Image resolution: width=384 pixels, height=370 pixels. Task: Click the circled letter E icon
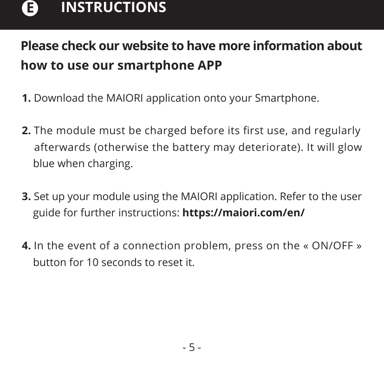(x=30, y=8)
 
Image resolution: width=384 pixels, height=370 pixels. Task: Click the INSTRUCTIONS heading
(x=113, y=8)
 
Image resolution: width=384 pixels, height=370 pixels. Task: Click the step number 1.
(x=26, y=99)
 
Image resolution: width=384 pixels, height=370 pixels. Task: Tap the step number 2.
(x=26, y=131)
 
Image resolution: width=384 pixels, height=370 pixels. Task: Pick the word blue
(x=44, y=164)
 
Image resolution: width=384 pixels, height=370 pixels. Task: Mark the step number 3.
(x=26, y=196)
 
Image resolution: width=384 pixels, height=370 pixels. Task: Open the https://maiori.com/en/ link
(x=243, y=213)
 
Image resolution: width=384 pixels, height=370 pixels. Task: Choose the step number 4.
(x=26, y=246)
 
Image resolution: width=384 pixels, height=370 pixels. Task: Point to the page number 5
(x=192, y=347)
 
